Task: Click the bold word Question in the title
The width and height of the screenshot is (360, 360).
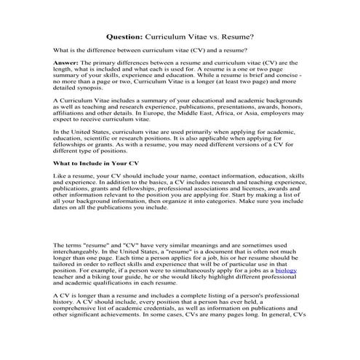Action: (125, 34)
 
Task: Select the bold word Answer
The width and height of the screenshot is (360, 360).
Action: (69, 63)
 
